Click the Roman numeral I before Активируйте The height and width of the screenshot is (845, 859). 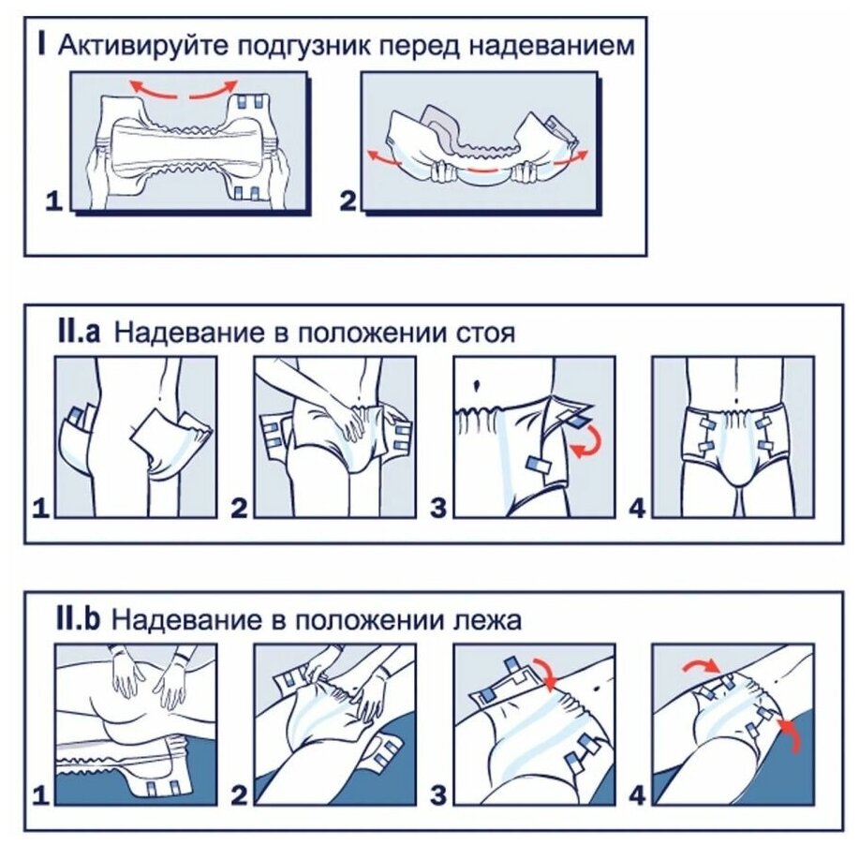pos(44,46)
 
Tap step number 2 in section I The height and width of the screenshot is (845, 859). pos(348,200)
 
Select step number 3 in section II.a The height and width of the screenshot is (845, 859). pos(439,509)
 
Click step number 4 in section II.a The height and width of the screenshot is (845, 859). pos(637,509)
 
